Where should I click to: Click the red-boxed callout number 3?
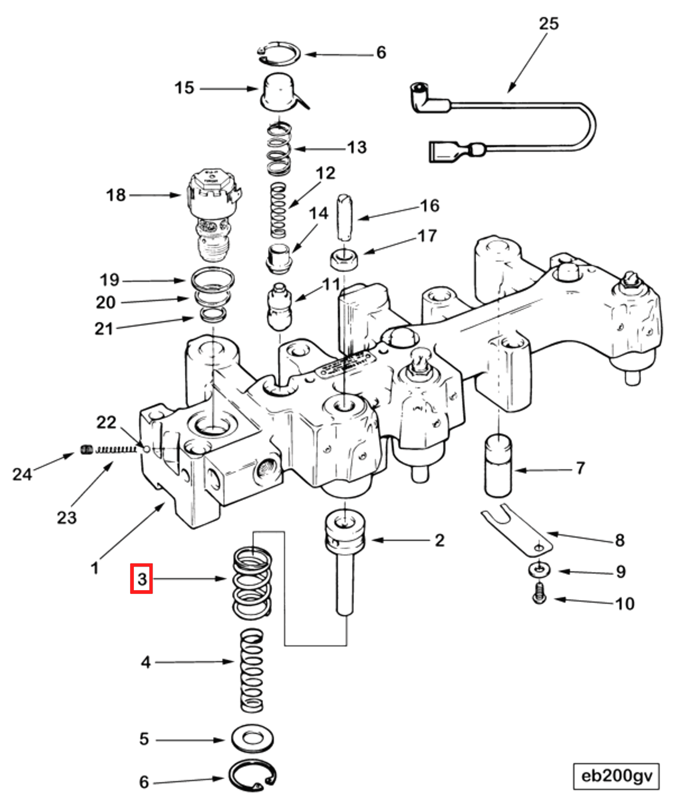point(141,579)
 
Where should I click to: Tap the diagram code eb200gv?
point(616,776)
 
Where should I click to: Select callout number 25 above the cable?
point(548,24)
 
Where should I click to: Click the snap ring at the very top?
point(279,53)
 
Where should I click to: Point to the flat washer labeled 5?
point(252,738)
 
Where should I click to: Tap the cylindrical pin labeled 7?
point(498,467)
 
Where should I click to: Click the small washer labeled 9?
point(539,569)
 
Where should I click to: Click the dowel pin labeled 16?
point(345,218)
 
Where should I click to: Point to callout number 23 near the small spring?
point(66,518)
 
